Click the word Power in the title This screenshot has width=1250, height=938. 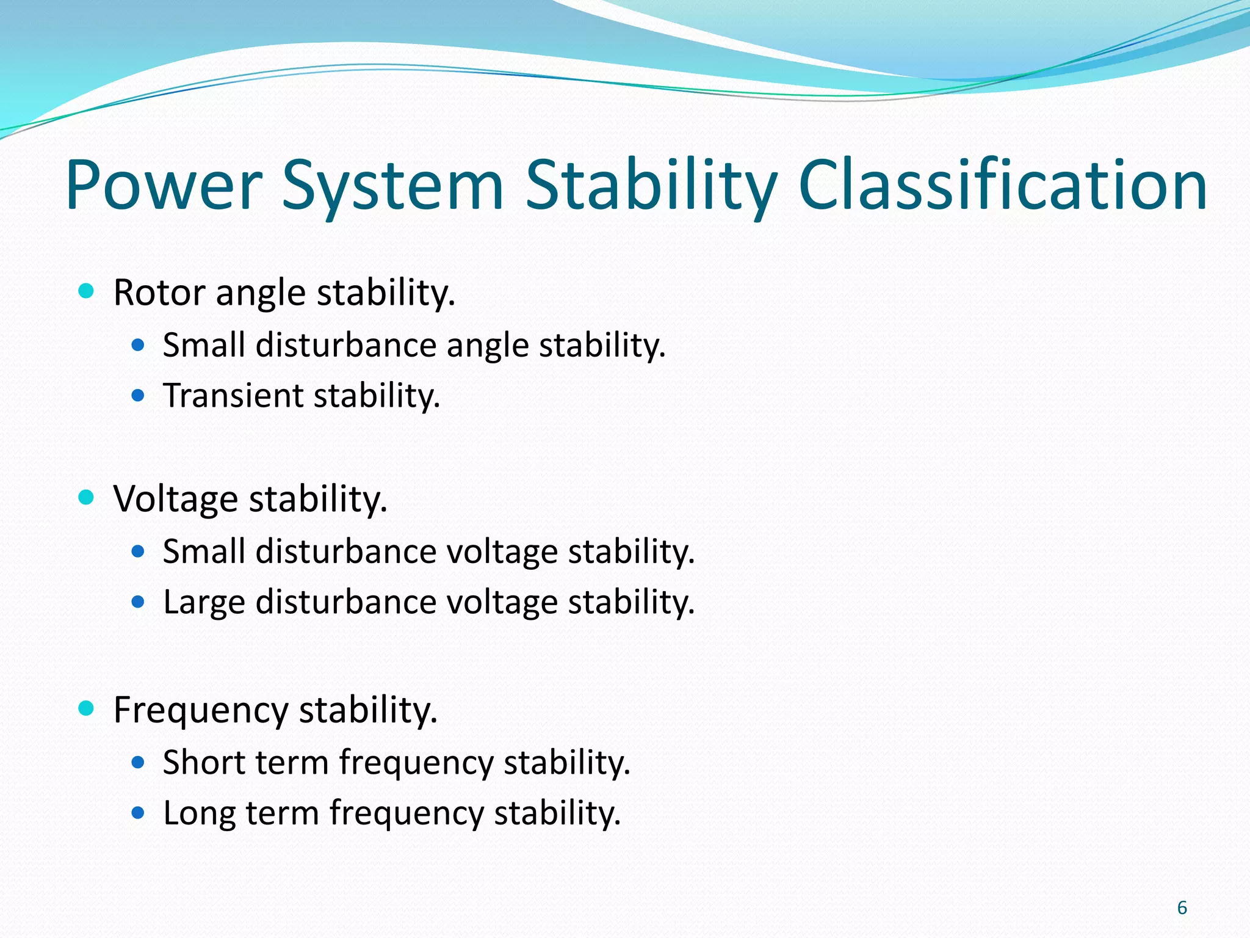(x=164, y=185)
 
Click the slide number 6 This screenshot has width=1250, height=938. (x=1182, y=908)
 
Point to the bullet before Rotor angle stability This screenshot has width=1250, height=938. (x=86, y=291)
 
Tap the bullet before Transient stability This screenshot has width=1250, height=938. (x=138, y=396)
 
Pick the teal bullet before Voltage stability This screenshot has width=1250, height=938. (x=86, y=497)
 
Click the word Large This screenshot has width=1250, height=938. (x=204, y=602)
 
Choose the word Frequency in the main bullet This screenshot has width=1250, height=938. (x=201, y=711)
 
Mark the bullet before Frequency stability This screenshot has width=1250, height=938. (x=86, y=708)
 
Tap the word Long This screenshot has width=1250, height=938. (x=199, y=815)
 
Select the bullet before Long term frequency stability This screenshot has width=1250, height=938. (x=138, y=813)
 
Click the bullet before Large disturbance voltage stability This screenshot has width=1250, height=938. (x=138, y=602)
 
